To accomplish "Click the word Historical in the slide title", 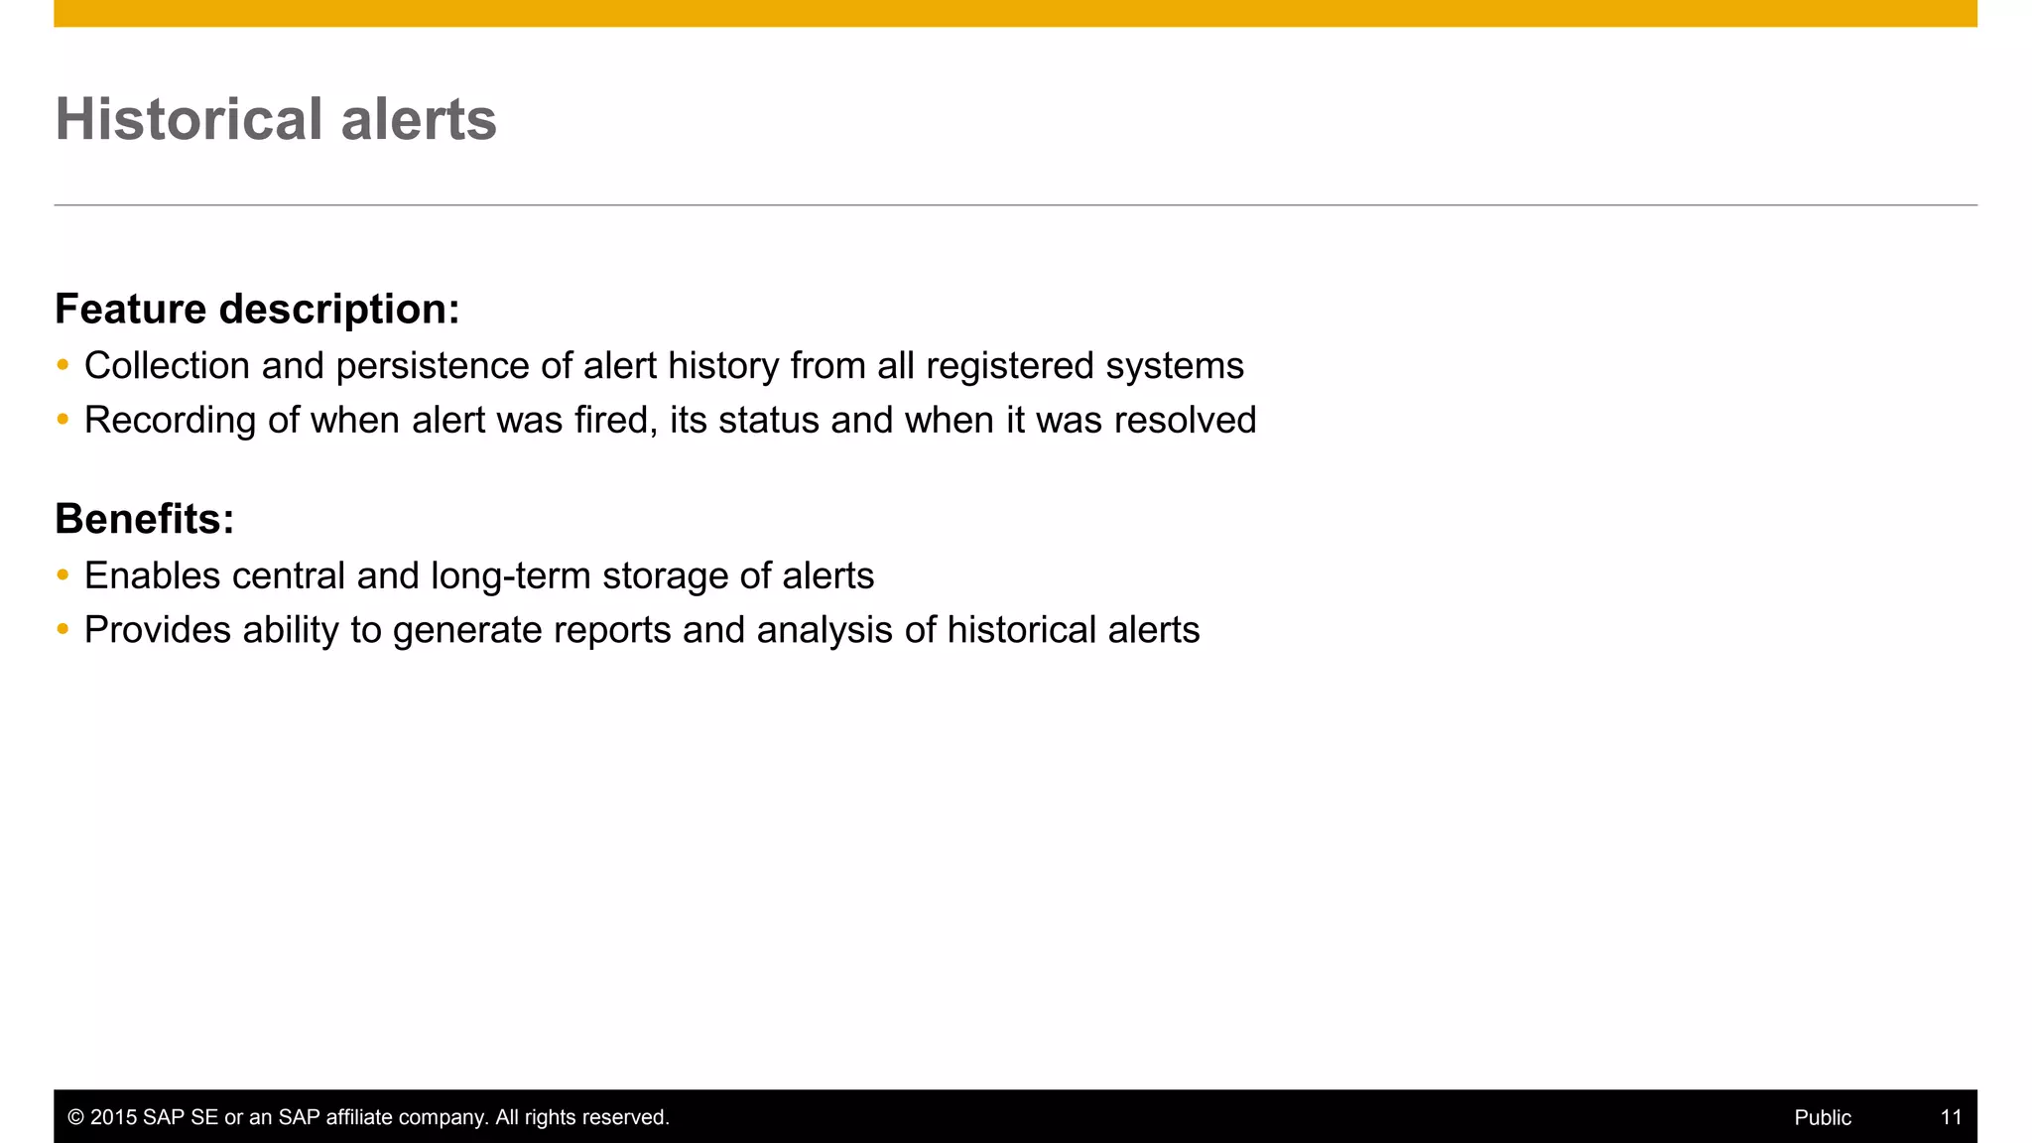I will point(189,119).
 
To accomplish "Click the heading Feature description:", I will point(257,310).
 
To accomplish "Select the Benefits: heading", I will point(145,519).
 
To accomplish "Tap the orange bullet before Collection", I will point(63,365).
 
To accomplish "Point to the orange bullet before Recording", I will point(63,420).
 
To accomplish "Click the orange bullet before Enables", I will point(63,575).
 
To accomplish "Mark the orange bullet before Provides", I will point(63,630).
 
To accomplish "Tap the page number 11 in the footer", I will point(1951,1117).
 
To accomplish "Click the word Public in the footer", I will point(1823,1117).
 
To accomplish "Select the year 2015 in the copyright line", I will point(113,1117).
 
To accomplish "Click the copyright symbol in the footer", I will point(75,1117).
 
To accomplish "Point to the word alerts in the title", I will point(418,119).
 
